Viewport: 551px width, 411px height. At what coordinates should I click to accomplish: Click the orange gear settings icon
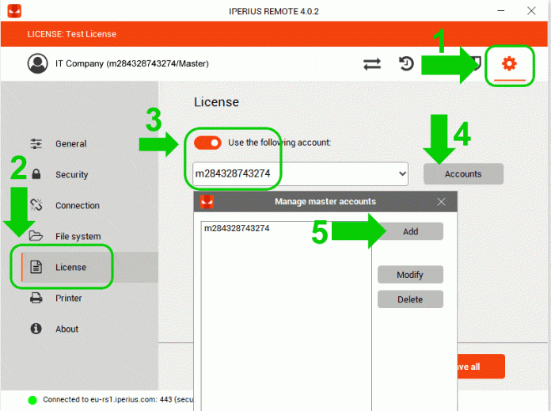point(509,63)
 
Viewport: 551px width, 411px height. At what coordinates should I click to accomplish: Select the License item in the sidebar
point(70,267)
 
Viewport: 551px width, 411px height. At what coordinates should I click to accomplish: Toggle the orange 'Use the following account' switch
point(207,143)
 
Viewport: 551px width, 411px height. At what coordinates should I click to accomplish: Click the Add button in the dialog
point(410,232)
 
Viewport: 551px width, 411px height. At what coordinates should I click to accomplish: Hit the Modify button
point(410,275)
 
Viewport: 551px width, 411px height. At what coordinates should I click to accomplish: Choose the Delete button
point(410,299)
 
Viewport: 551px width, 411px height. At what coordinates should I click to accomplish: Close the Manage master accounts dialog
point(442,202)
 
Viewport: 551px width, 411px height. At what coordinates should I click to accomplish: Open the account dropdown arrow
point(403,173)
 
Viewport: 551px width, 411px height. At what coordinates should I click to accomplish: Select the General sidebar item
point(70,144)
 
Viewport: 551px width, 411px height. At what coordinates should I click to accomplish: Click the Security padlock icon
point(36,174)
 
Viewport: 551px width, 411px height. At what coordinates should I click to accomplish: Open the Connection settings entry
point(78,205)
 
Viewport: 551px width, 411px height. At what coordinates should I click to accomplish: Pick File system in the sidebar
point(78,236)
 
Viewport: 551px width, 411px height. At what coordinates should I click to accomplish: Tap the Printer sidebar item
point(68,298)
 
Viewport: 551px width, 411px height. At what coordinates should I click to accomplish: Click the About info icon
point(36,329)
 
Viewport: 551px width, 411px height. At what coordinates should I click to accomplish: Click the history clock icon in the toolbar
point(406,63)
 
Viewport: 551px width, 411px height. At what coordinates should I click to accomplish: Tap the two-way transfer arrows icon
point(372,64)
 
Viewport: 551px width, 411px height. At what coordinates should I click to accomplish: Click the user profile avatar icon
point(37,63)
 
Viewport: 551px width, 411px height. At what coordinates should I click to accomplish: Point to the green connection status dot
point(32,400)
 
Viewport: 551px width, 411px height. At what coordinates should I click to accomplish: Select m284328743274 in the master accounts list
point(237,229)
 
